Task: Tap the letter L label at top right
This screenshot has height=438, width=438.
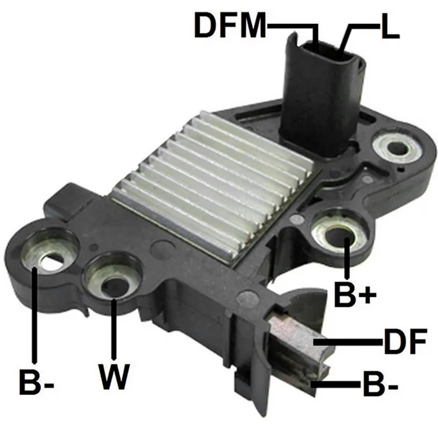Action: [389, 27]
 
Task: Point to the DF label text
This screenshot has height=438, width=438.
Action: [404, 342]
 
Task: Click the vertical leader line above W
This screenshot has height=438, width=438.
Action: [114, 328]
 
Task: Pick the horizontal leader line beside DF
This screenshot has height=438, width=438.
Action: [349, 342]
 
